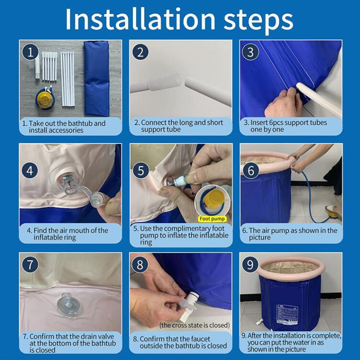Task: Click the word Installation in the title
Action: click(140, 19)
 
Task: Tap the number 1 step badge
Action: click(30, 52)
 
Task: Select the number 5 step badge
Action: click(141, 170)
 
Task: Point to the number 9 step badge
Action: click(250, 264)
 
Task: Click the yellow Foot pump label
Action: click(212, 219)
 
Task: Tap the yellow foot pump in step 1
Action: click(45, 99)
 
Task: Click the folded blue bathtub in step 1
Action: click(96, 79)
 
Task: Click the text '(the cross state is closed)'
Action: click(195, 325)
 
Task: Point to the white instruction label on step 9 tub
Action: click(287, 314)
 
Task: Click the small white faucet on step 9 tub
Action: click(259, 322)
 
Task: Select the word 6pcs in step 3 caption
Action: click(276, 123)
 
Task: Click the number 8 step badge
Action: click(140, 264)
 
